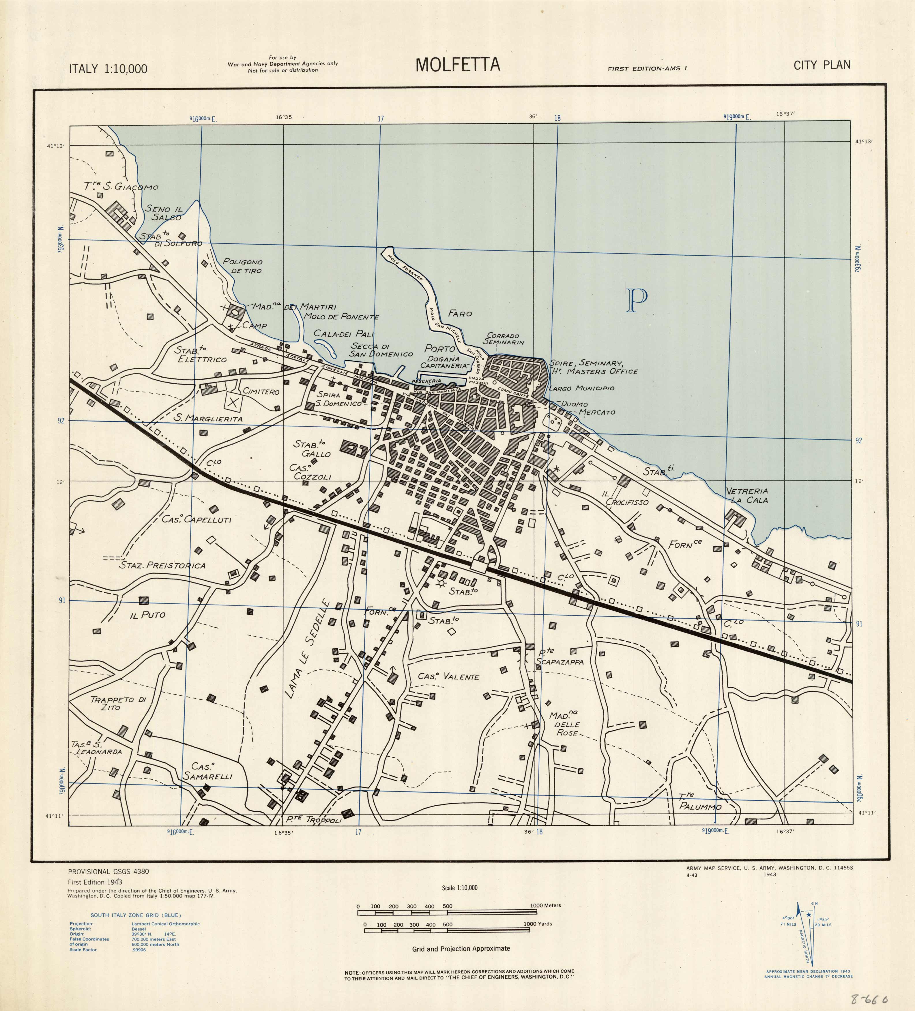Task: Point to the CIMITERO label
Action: pos(261,392)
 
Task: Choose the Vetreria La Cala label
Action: pos(747,495)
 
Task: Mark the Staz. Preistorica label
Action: pos(162,566)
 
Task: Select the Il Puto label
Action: pos(147,615)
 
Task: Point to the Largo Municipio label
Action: pos(581,388)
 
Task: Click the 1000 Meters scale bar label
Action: pos(545,906)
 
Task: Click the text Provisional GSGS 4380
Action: pos(108,871)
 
